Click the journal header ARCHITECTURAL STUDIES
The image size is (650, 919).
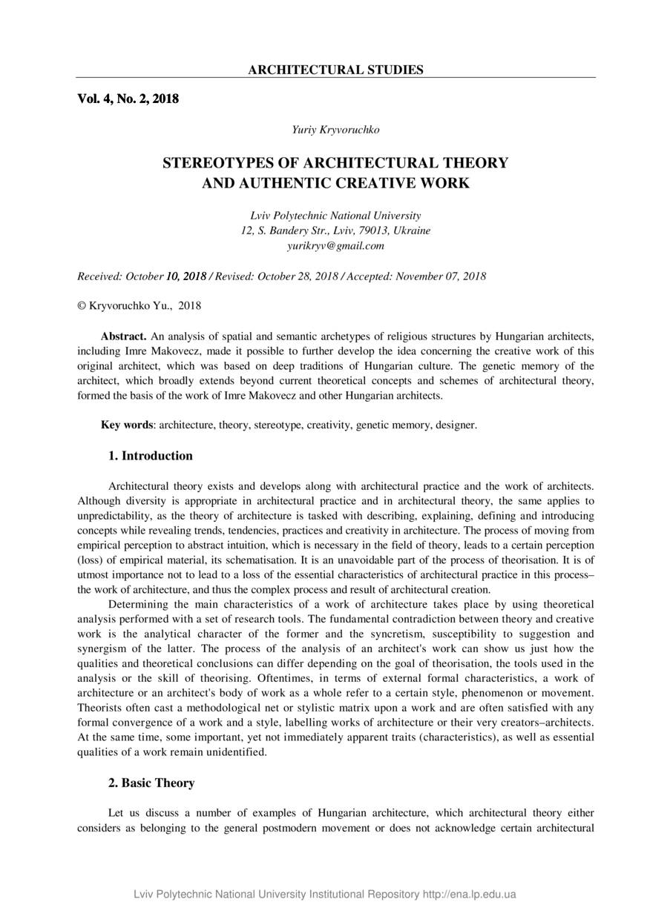(x=335, y=70)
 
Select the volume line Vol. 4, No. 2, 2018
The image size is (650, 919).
(x=128, y=98)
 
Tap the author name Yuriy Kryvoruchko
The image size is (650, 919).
(x=335, y=130)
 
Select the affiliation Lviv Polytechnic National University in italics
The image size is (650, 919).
(x=335, y=216)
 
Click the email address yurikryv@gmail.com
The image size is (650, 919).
(x=335, y=245)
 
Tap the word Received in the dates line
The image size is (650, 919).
(x=99, y=276)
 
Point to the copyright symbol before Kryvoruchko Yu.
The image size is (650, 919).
(x=82, y=305)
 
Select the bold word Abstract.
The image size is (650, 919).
(x=123, y=336)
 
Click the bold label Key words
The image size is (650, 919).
(x=127, y=425)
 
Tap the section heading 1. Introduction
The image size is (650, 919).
(x=151, y=456)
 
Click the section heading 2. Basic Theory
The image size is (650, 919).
(x=151, y=783)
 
